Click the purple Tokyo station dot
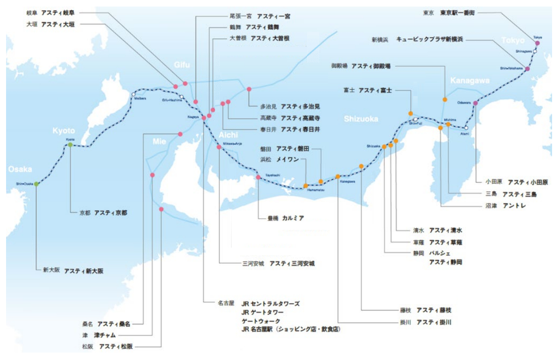(x=537, y=43)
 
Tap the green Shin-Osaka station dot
(x=36, y=184)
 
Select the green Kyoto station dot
(x=70, y=145)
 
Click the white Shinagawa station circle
(x=535, y=52)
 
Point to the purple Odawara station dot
(x=475, y=103)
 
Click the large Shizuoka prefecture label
(x=361, y=119)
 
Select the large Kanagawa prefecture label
(x=469, y=81)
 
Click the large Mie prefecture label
(x=160, y=140)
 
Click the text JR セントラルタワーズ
(x=270, y=304)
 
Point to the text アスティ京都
(x=111, y=213)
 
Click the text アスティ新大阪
(x=84, y=270)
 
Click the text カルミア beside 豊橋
(x=293, y=218)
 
